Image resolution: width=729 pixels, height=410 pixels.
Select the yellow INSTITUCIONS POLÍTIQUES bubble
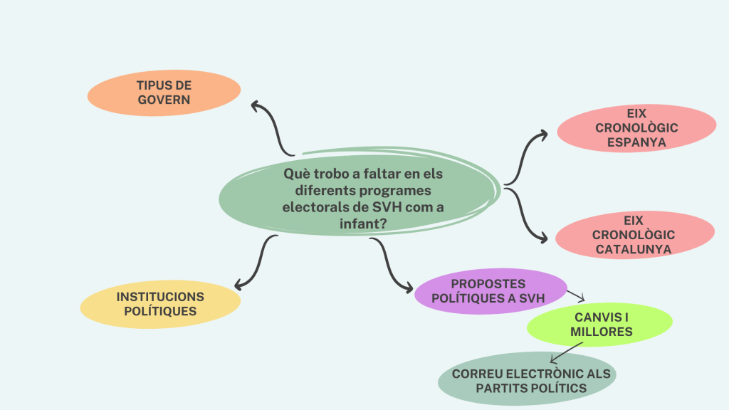click(x=160, y=304)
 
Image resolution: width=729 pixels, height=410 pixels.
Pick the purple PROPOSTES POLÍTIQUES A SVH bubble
click(x=491, y=291)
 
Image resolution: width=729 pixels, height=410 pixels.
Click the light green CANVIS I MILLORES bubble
click(x=599, y=325)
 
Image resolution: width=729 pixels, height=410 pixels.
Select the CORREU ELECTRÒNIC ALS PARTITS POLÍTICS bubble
click(x=525, y=380)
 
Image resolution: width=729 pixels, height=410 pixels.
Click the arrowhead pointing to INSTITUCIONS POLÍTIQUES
click(x=238, y=284)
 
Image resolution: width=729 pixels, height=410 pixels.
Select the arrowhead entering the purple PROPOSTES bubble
click(x=408, y=289)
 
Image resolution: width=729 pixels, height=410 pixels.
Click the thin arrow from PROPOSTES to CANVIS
click(x=575, y=294)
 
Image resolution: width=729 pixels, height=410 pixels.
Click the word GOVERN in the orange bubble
click(x=164, y=100)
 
